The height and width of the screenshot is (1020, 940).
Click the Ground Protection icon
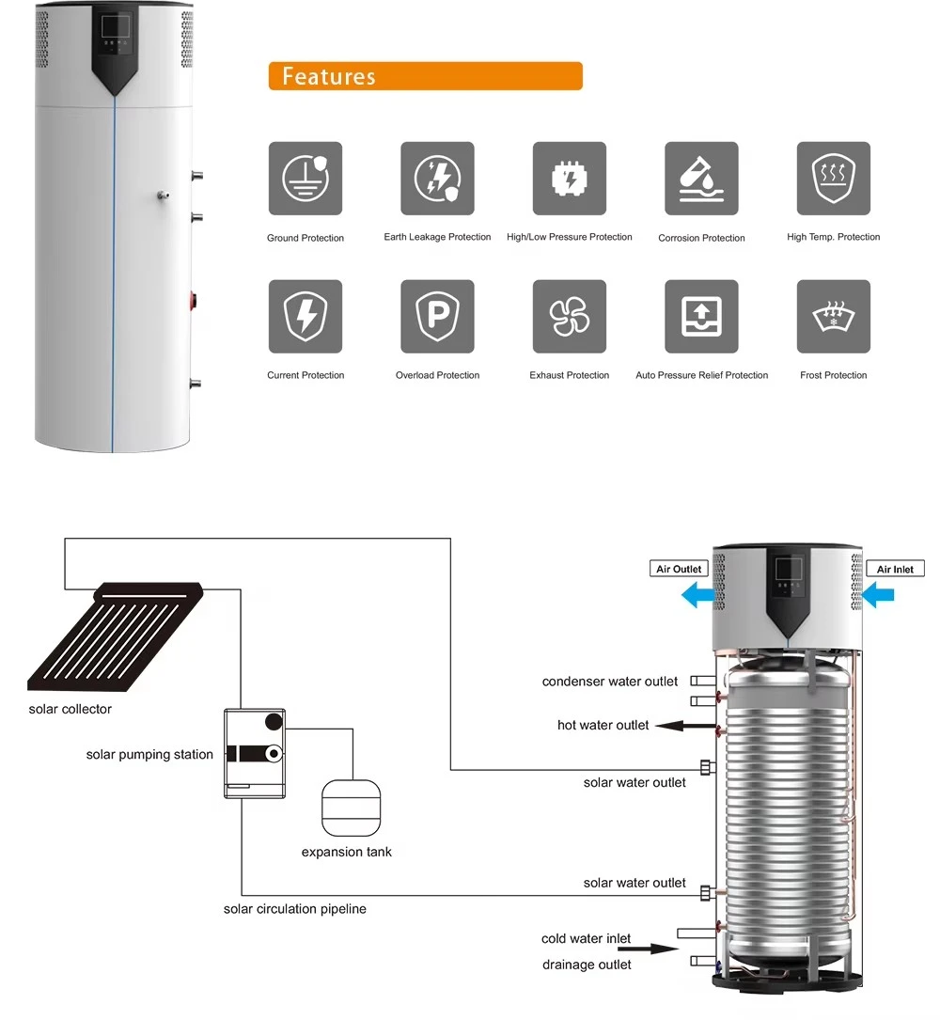[x=305, y=179]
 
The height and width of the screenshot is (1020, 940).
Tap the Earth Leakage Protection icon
[x=437, y=179]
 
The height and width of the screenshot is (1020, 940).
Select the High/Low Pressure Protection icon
[x=570, y=179]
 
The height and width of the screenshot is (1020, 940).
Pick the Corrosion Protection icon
[x=701, y=179]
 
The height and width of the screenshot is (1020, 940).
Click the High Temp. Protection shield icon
[x=834, y=179]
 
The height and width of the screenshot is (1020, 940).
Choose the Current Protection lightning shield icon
[x=305, y=316]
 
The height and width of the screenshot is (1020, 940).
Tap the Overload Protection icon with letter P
[x=437, y=316]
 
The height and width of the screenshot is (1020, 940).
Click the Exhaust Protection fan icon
[x=570, y=316]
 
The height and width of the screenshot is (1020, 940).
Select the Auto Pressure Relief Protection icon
[x=701, y=316]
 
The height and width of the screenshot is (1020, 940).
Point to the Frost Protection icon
[x=834, y=316]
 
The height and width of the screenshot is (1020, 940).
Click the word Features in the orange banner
[x=328, y=76]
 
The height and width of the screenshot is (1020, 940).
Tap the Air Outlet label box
[x=679, y=569]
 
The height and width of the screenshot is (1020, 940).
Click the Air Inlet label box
[x=895, y=569]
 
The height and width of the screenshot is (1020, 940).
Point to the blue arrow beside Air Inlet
[x=878, y=594]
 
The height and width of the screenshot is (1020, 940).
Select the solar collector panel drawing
[x=115, y=636]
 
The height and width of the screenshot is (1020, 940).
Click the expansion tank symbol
[x=352, y=808]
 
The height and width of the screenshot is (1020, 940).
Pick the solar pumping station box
[x=255, y=753]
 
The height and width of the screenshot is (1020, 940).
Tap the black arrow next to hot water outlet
[x=685, y=726]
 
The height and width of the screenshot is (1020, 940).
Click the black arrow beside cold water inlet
[x=648, y=949]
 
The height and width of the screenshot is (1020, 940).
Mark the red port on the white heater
[x=193, y=301]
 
